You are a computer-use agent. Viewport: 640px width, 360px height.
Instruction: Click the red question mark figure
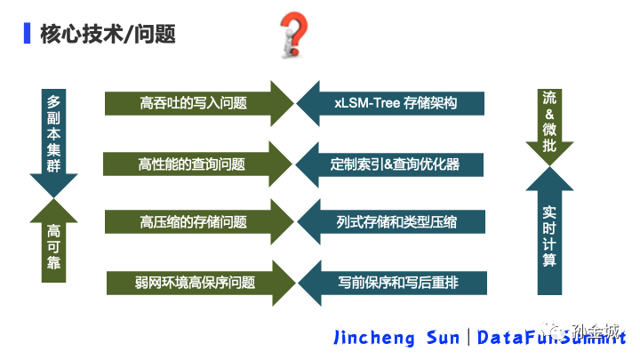[x=293, y=35]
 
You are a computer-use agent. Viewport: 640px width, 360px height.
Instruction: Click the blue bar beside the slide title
[x=28, y=33]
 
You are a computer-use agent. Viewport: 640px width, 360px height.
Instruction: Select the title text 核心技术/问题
[x=108, y=34]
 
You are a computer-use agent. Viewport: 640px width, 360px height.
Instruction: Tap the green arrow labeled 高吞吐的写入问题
[x=199, y=103]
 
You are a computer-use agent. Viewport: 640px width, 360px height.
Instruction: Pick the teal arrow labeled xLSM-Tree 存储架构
[x=390, y=103]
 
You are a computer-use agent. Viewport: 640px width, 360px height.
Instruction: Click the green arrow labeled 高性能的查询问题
[x=197, y=164]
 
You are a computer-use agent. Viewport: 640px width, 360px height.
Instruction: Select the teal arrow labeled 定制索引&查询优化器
[x=389, y=164]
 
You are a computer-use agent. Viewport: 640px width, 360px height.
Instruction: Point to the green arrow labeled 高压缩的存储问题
[x=199, y=221]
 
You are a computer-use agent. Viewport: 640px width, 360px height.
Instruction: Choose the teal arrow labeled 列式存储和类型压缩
[x=391, y=221]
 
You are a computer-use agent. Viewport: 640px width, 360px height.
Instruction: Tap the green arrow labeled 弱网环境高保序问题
[x=201, y=283]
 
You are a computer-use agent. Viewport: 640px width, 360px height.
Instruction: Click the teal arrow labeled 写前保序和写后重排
[x=392, y=283]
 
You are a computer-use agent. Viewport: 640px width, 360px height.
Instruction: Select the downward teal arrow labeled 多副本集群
[x=53, y=143]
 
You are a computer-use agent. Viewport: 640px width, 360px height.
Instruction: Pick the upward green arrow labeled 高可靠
[x=53, y=240]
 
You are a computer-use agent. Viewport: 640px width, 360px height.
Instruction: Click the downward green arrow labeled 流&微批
[x=549, y=127]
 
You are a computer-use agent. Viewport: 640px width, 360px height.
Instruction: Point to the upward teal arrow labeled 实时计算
[x=549, y=230]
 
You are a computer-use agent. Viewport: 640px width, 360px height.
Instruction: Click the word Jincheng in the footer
[x=374, y=338]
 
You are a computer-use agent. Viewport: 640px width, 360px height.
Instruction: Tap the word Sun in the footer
[x=443, y=338]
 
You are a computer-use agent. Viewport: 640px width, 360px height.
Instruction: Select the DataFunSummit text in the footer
[x=551, y=338]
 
